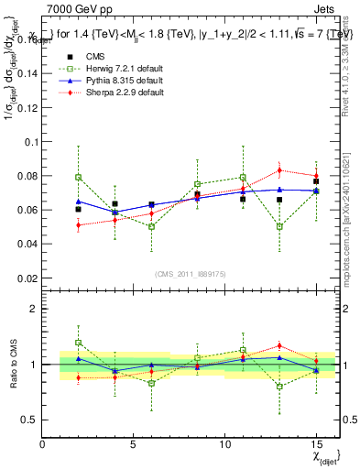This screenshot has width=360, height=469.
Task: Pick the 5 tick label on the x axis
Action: click(x=134, y=444)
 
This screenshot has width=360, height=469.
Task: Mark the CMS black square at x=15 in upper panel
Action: click(x=316, y=181)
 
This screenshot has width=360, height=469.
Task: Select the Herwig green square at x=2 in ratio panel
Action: click(x=79, y=343)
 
